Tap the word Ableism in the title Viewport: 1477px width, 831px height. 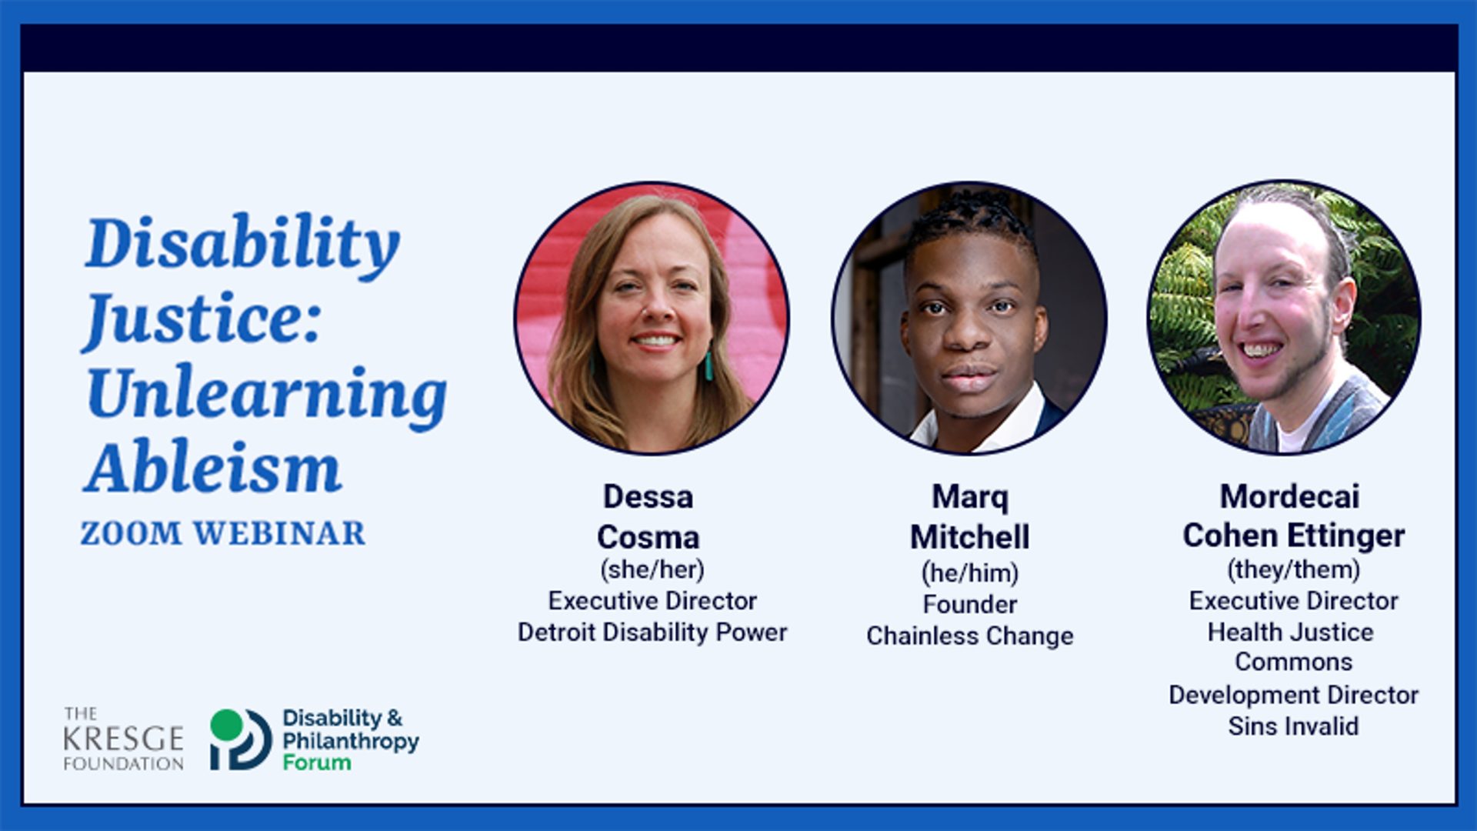(x=213, y=468)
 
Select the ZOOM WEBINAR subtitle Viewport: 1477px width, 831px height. (x=223, y=533)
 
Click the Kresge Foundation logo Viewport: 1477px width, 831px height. (x=123, y=739)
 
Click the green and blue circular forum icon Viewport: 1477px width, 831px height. (x=241, y=739)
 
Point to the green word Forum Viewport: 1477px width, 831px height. (x=317, y=763)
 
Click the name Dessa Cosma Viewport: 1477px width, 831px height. (x=648, y=516)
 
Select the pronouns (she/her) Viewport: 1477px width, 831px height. (x=652, y=569)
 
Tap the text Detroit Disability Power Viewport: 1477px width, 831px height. (x=652, y=632)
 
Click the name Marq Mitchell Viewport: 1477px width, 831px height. (x=970, y=517)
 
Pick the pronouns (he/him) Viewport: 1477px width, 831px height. (x=970, y=572)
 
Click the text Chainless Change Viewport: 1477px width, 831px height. (x=970, y=636)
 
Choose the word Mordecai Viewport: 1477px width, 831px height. (x=1290, y=496)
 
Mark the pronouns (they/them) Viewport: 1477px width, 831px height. (x=1294, y=569)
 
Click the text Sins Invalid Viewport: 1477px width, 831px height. (x=1294, y=726)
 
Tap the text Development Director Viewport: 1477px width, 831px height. (x=1294, y=695)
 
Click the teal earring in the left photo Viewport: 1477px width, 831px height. (x=708, y=366)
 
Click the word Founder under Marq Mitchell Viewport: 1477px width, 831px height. (x=970, y=605)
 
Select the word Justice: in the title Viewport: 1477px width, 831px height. (x=202, y=319)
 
